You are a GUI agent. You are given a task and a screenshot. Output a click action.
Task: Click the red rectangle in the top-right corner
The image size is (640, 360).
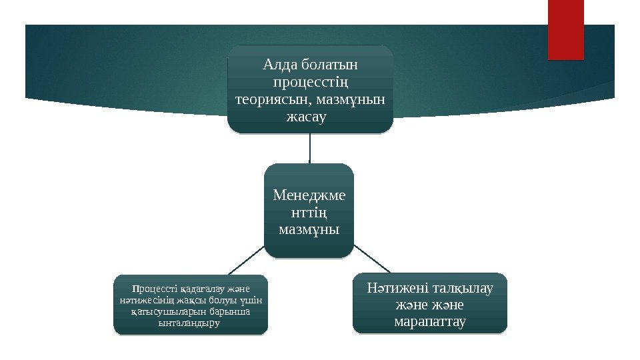click(565, 29)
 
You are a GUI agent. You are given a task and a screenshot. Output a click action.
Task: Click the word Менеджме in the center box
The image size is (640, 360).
click(309, 195)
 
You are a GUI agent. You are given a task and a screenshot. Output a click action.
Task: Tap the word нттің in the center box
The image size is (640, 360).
click(309, 213)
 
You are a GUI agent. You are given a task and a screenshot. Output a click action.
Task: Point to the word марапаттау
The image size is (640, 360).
click(429, 323)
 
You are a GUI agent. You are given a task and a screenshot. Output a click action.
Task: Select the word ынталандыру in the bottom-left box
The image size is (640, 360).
click(190, 323)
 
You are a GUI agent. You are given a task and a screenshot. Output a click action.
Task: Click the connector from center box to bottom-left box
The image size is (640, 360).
click(247, 260)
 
